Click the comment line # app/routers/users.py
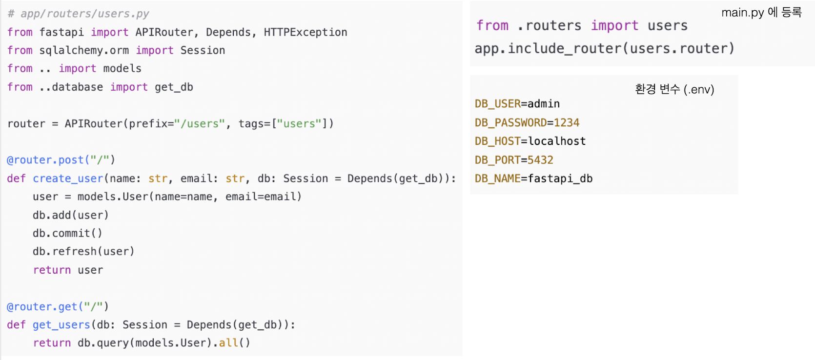pyautogui.click(x=78, y=14)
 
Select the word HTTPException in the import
pyautogui.click(x=306, y=32)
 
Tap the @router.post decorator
pyautogui.click(x=61, y=160)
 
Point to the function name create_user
pyautogui.click(x=68, y=179)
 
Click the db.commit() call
pyautogui.click(x=67, y=233)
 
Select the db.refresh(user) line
pyautogui.click(x=83, y=251)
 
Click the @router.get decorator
pyautogui.click(x=58, y=306)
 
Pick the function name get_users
pyautogui.click(x=61, y=325)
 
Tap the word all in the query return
pyautogui.click(x=228, y=343)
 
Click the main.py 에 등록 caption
pyautogui.click(x=761, y=12)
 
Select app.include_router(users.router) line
pyautogui.click(x=604, y=48)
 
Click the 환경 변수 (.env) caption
pyautogui.click(x=674, y=89)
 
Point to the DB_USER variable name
pyautogui.click(x=497, y=104)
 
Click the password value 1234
pyautogui.click(x=566, y=122)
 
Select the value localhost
pyautogui.click(x=557, y=141)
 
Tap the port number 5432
pyautogui.click(x=540, y=160)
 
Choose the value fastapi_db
pyautogui.click(x=560, y=179)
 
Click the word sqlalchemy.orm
pyautogui.click(x=84, y=50)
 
